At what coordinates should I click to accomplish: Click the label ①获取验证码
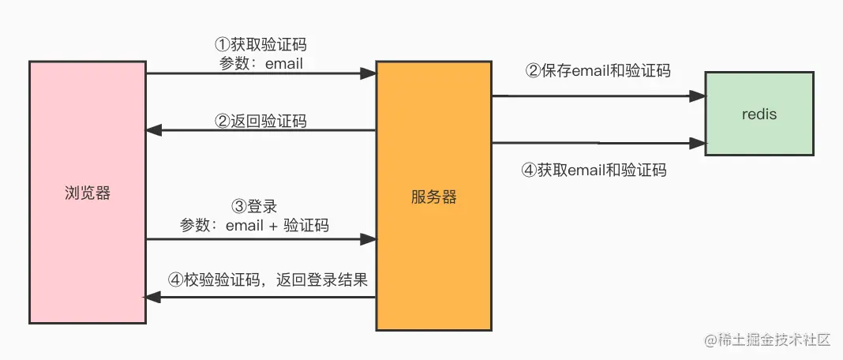click(x=260, y=44)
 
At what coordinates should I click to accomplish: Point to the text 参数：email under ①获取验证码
click(x=261, y=63)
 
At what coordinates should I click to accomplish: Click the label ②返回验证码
click(x=260, y=121)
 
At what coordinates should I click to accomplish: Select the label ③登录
click(x=254, y=206)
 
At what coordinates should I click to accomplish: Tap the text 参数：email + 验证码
click(x=254, y=225)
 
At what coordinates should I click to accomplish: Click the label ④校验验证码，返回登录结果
click(x=268, y=279)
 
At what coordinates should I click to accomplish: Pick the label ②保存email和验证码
click(x=598, y=70)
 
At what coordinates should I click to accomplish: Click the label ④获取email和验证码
click(x=594, y=169)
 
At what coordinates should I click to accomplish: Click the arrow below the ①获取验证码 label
click(x=260, y=73)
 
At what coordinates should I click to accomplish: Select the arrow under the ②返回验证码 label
click(x=260, y=130)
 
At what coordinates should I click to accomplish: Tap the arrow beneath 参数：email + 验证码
click(x=260, y=238)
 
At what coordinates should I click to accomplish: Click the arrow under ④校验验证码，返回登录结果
click(x=260, y=296)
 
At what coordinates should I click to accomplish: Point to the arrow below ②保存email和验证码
click(x=598, y=96)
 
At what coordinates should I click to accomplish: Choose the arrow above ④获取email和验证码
click(x=598, y=143)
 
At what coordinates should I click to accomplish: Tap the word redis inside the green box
click(x=759, y=114)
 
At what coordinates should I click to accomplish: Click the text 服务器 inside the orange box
click(x=433, y=197)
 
